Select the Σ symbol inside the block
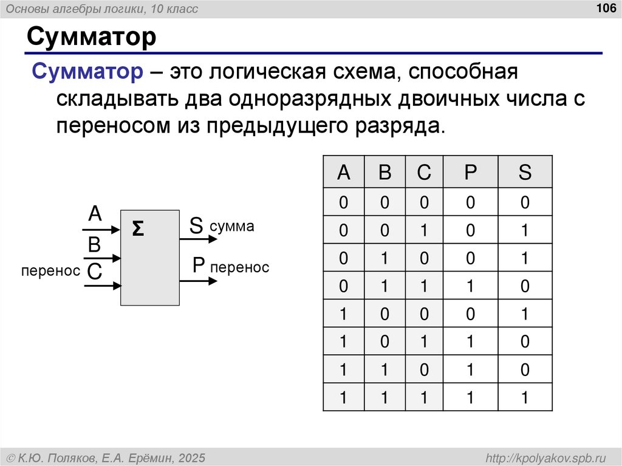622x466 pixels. point(138,229)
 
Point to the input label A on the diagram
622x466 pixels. point(95,214)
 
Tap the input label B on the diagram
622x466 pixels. point(94,245)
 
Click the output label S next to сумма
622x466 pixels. point(196,225)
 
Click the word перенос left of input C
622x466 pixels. point(50,271)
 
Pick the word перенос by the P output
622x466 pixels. point(239,267)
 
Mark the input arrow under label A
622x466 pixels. point(101,230)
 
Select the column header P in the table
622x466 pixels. point(470,173)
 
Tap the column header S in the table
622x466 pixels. point(525,173)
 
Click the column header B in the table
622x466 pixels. point(384,173)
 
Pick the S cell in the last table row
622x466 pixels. point(525,398)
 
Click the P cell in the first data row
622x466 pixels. point(470,202)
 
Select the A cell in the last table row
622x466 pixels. point(343,398)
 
